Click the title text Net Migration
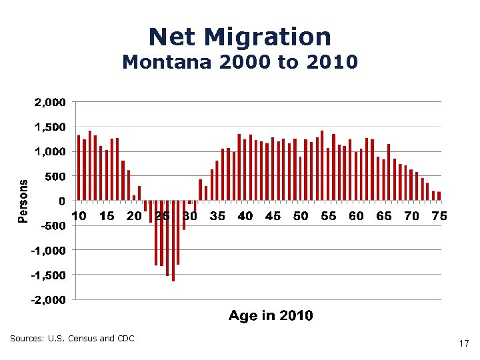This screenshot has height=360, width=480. (240, 37)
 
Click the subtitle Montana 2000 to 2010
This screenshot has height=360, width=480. (240, 63)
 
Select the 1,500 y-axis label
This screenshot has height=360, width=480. (50, 127)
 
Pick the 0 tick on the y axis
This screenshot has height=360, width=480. (61, 201)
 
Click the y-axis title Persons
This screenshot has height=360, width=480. (23, 200)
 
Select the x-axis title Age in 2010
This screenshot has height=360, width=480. (270, 315)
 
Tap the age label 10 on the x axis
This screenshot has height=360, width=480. (79, 216)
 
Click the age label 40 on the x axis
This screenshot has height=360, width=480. (245, 216)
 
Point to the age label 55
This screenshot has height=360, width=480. (329, 216)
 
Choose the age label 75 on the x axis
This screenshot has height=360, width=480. (439, 216)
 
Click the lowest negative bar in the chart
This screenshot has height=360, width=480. (173, 241)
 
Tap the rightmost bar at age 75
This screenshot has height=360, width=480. (439, 196)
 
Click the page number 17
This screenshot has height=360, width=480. (464, 344)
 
